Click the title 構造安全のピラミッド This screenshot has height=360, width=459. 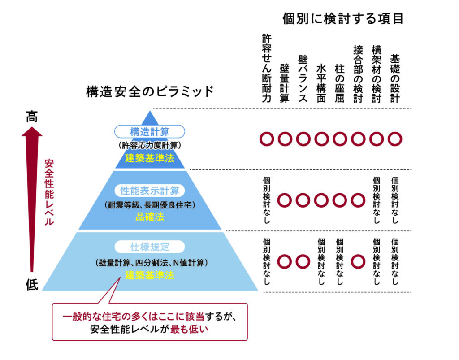(150, 91)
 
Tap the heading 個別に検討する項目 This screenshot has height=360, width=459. (343, 19)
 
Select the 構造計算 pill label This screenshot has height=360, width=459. (150, 132)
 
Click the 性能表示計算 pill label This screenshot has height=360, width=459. (150, 191)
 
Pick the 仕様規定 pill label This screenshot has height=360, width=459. (150, 247)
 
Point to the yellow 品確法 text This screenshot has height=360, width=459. (150, 217)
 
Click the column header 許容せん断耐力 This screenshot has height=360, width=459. (267, 68)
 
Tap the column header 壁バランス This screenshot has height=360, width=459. (303, 79)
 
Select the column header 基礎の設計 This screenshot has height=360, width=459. (395, 78)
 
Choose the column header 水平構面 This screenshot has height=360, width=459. (321, 83)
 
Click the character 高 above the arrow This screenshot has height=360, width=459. (32, 117)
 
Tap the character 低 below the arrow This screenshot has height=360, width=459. (32, 284)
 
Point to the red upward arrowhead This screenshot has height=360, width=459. (32, 131)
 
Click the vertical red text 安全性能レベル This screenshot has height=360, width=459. (49, 192)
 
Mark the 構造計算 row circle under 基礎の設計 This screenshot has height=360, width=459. (395, 139)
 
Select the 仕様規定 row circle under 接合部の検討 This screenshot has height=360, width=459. (358, 262)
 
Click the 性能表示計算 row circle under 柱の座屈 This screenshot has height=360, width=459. (340, 200)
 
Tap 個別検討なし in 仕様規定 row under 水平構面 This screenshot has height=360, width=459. (321, 262)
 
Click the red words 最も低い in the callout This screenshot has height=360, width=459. (189, 329)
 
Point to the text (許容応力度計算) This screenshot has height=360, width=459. (150, 145)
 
